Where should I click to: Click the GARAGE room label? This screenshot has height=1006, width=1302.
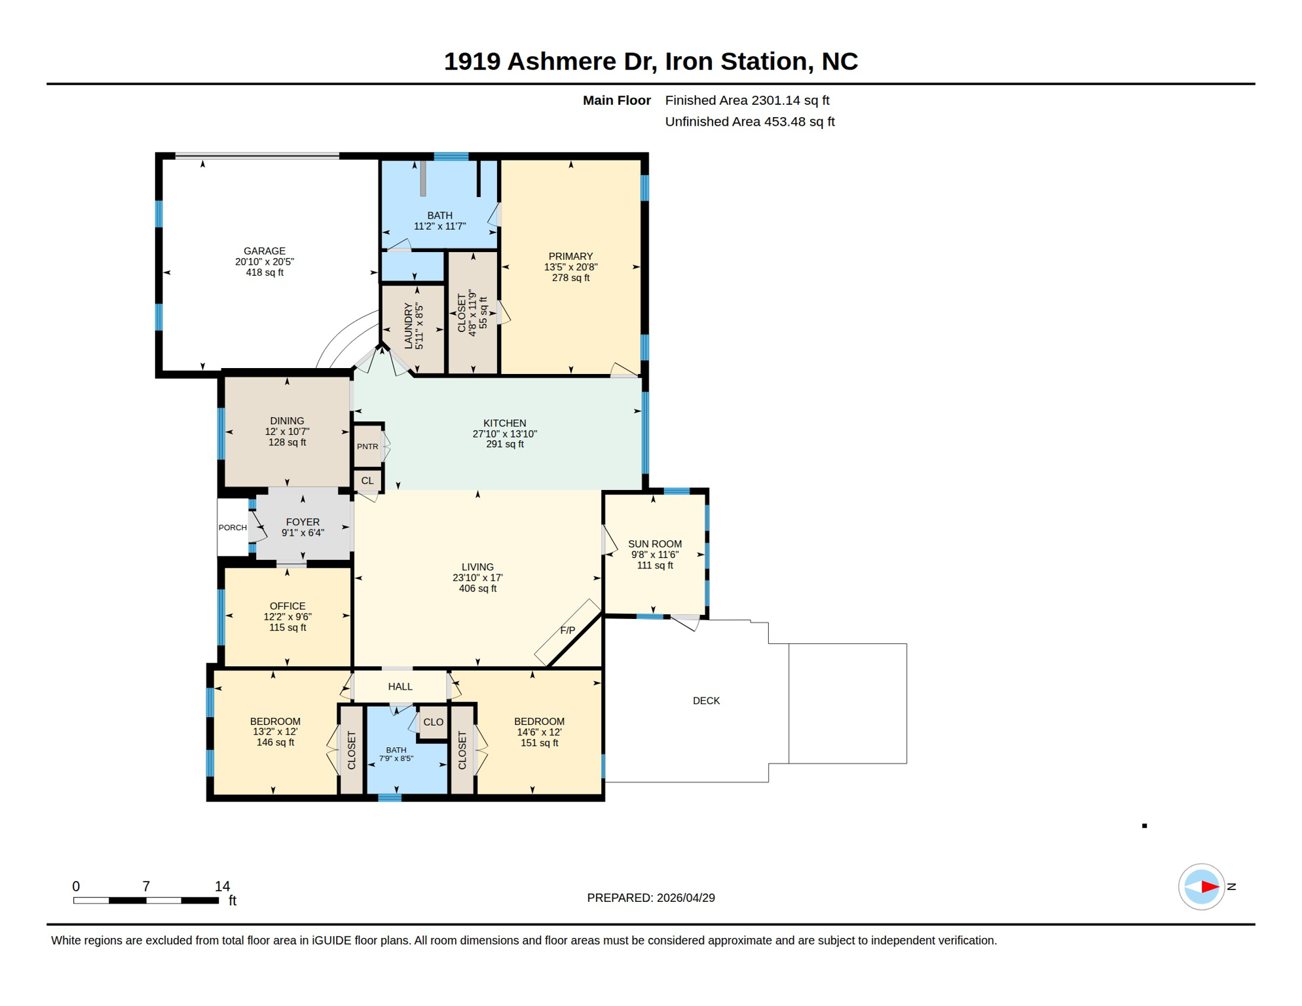click(264, 251)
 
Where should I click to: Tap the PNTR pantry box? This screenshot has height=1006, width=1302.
click(367, 447)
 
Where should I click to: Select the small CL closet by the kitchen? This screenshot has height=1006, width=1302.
click(367, 481)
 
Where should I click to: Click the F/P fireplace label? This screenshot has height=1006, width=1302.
click(567, 631)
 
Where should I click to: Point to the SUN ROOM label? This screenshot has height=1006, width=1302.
click(654, 544)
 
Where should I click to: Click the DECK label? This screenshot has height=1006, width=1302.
click(706, 701)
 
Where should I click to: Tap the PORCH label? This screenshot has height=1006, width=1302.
click(232, 527)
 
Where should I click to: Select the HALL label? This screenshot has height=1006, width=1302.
click(400, 686)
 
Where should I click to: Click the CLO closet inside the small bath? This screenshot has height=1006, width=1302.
click(433, 722)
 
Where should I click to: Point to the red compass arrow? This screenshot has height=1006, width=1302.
click(1209, 887)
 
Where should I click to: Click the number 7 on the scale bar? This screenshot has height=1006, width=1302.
click(146, 886)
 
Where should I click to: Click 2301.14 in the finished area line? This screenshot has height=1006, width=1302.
click(775, 100)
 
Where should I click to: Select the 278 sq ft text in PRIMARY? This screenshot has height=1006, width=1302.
click(570, 278)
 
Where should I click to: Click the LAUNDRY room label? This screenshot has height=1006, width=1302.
click(409, 326)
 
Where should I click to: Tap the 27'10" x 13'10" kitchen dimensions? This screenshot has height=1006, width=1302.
click(504, 434)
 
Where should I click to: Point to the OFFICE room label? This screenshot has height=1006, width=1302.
click(287, 606)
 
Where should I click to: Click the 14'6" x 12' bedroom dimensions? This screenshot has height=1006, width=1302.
click(538, 732)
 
